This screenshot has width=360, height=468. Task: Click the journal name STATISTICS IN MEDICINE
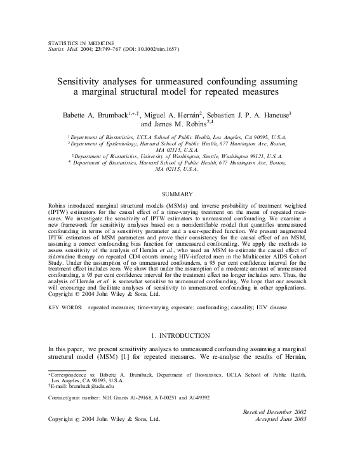(x=79, y=40)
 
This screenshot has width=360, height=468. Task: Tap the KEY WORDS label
(x=66, y=307)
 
